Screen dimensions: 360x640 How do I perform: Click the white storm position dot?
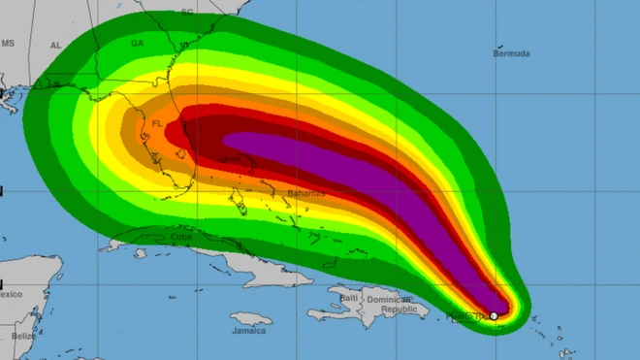click(495, 315)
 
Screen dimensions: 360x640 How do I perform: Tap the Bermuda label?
click(511, 54)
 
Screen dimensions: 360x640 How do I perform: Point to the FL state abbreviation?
click(156, 125)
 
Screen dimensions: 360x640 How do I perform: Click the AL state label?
click(55, 46)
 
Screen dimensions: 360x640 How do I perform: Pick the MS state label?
click(8, 44)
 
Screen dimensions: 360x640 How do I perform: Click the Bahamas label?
click(306, 194)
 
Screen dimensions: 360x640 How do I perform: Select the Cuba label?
click(181, 237)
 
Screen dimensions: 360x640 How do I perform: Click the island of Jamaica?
click(249, 317)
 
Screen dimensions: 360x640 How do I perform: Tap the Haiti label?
click(347, 297)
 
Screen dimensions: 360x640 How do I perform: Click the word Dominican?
click(392, 298)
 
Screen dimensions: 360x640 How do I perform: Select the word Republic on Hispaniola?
click(399, 310)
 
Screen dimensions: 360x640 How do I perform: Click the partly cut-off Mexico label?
click(10, 294)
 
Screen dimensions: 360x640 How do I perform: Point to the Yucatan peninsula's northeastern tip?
click(58, 259)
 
